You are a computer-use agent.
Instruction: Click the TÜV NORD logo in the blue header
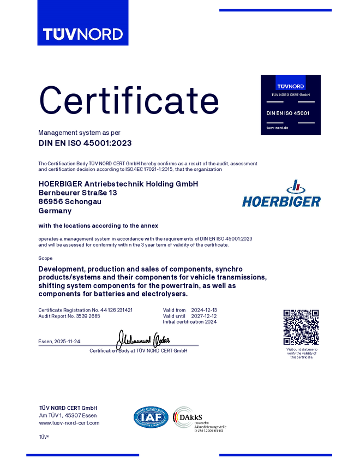pos(83,34)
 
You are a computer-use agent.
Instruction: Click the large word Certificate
pos(129,101)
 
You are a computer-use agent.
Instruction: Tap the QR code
pos(301,327)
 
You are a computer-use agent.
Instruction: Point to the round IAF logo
pos(151,417)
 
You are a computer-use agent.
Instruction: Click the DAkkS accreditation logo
pos(199,419)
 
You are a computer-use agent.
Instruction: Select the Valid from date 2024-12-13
pos(205,310)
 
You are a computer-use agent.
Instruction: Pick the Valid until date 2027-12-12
pos(205,316)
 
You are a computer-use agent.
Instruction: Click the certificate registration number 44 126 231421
pos(117,310)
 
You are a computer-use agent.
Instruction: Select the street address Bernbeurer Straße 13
pos(78,193)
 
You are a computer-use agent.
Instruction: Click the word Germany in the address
pos(55,211)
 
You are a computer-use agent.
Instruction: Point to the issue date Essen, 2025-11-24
pos(59,341)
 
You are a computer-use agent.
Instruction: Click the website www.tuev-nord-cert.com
pos(69,423)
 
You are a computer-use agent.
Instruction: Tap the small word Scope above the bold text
pos(45,258)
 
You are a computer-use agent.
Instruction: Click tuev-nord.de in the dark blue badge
pos(278,127)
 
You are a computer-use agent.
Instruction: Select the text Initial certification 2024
pos(189,322)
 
